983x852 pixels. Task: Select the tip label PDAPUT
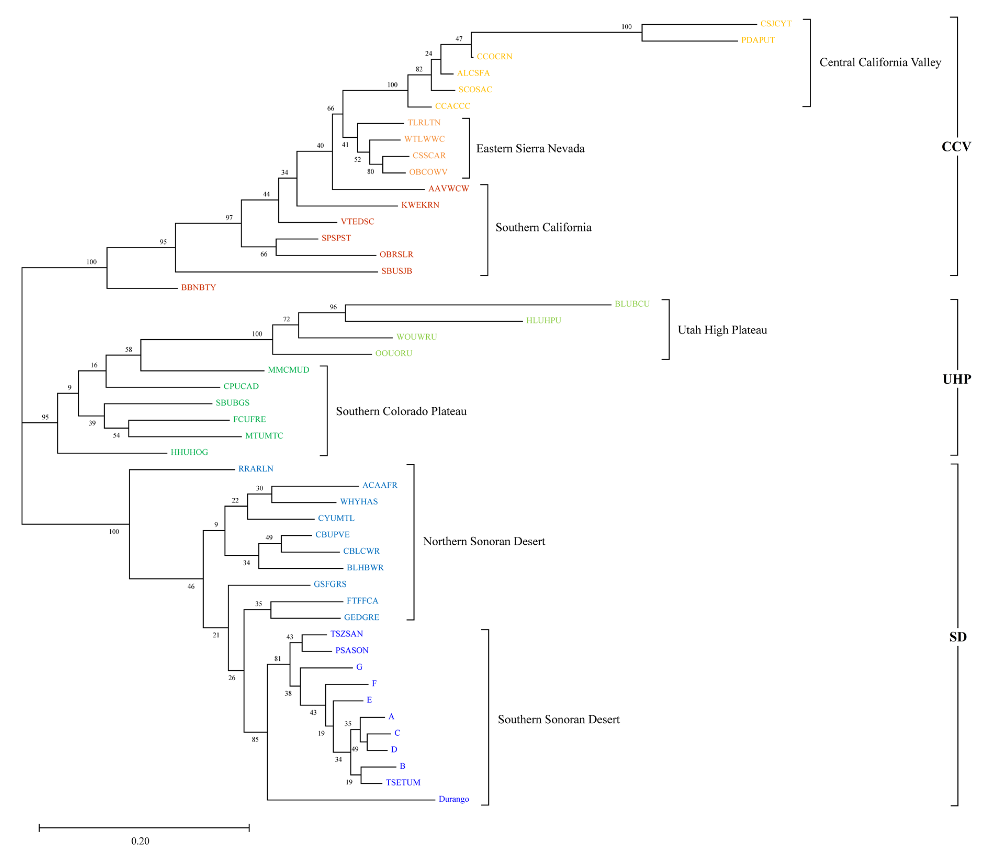coord(758,40)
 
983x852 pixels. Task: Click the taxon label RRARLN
coord(256,469)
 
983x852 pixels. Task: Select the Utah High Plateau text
coord(722,330)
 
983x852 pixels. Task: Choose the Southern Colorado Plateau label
coord(401,411)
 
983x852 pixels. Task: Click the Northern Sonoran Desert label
coord(484,542)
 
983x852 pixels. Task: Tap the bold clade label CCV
coord(956,147)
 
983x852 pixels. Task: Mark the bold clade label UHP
coord(956,379)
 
